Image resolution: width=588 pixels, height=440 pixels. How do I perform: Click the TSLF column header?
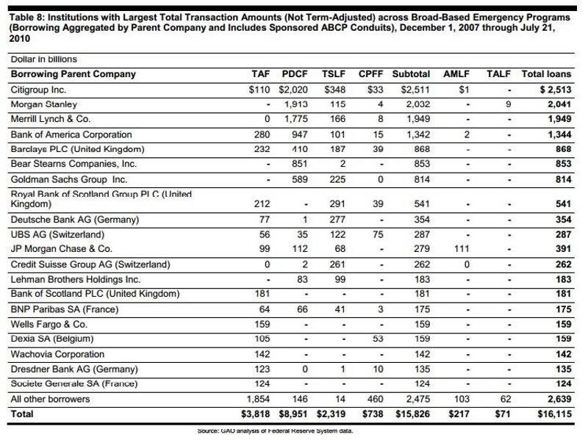click(334, 74)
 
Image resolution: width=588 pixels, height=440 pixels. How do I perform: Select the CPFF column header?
click(372, 74)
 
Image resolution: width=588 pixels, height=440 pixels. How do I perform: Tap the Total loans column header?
click(546, 74)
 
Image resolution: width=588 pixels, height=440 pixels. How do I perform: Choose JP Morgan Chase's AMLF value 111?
click(461, 250)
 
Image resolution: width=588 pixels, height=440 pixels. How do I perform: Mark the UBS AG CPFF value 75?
click(378, 235)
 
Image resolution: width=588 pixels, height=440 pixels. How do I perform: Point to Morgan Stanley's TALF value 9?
click(508, 105)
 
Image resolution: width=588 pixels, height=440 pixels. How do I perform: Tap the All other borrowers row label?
click(50, 399)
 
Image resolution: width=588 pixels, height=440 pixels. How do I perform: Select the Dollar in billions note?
click(43, 59)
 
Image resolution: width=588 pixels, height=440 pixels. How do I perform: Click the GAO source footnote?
click(276, 431)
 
